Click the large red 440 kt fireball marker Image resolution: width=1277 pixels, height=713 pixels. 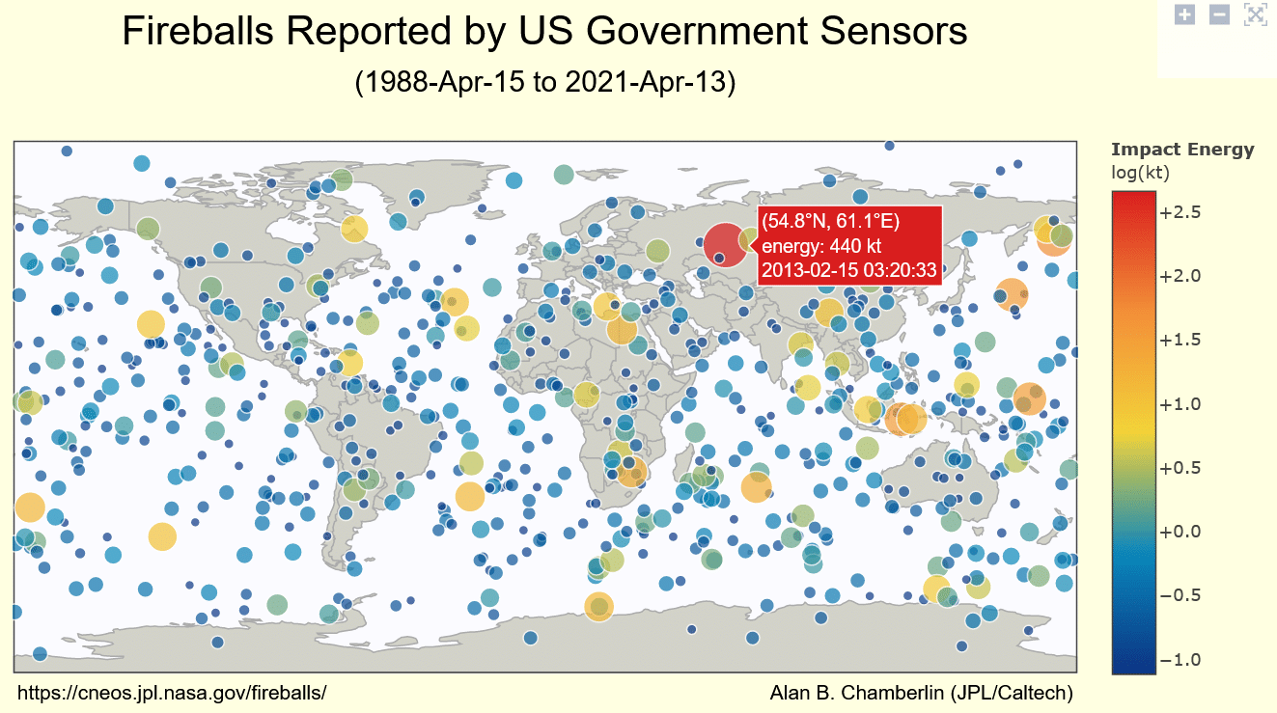click(724, 244)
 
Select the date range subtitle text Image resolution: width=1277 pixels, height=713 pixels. click(545, 82)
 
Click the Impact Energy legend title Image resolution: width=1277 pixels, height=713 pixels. click(1182, 150)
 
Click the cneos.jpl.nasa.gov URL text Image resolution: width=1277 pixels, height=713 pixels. click(173, 693)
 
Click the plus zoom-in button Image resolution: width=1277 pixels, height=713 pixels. click(1185, 14)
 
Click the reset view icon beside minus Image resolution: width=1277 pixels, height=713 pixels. click(1254, 14)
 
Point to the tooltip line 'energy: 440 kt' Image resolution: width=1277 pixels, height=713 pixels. click(820, 246)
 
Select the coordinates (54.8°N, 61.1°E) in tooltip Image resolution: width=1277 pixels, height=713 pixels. click(830, 222)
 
